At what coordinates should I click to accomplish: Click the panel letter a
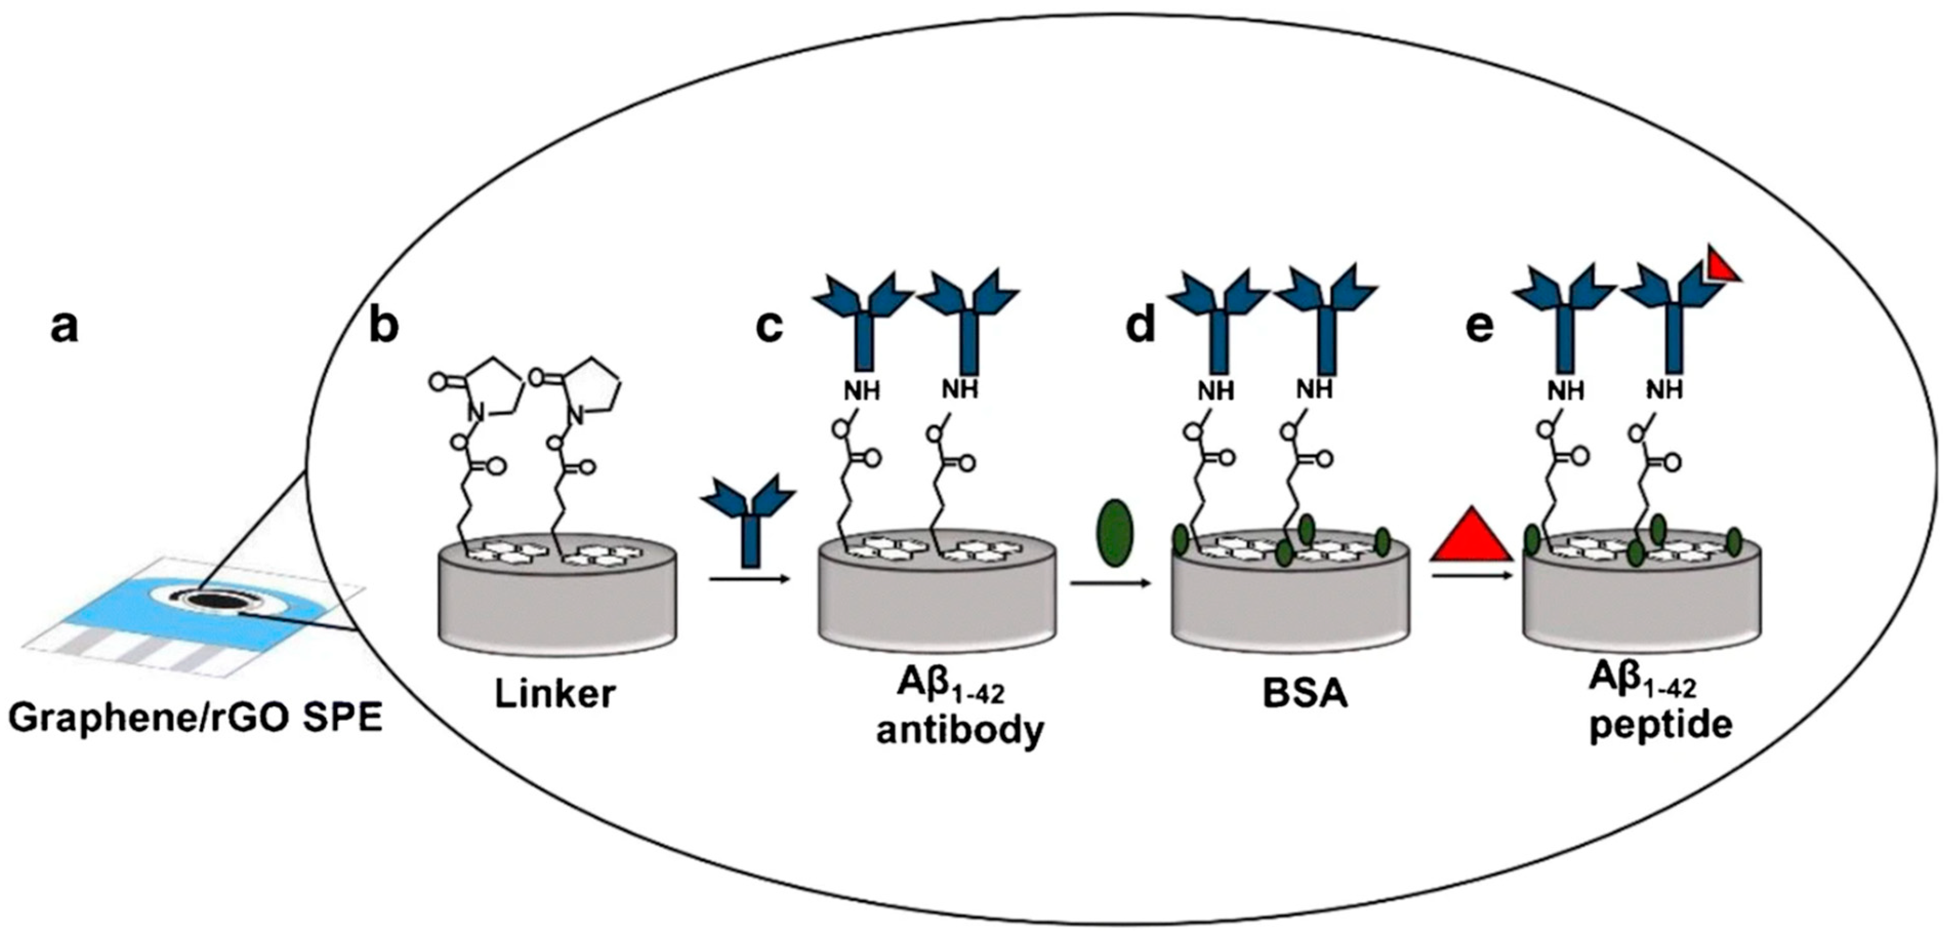coord(65,327)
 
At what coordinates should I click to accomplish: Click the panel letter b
coord(384,327)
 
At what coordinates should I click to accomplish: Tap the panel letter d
coord(1141,327)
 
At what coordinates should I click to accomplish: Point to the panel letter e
coord(1481,327)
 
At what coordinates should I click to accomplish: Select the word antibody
coord(960,730)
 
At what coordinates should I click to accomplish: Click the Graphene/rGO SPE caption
coord(195,718)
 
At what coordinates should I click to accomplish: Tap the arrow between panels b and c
coord(749,580)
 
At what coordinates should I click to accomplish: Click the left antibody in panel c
coord(863,318)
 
